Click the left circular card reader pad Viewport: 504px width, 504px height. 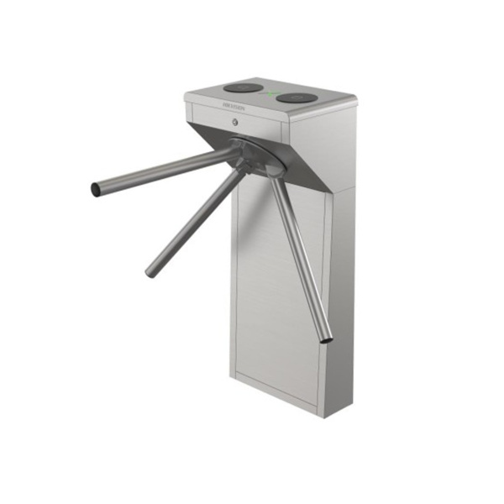[244, 87]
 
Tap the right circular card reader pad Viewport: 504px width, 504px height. [297, 98]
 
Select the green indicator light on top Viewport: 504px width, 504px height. [271, 93]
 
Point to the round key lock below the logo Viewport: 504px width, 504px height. [236, 123]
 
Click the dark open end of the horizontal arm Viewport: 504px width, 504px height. [96, 190]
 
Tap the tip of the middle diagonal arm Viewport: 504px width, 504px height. [151, 273]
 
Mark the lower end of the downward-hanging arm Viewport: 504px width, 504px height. [326, 339]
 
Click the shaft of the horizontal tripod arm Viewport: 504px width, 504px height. [160, 173]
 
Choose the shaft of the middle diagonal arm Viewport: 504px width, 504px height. [193, 220]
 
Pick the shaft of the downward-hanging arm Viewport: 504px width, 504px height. [298, 252]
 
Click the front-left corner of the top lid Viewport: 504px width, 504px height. [186, 97]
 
